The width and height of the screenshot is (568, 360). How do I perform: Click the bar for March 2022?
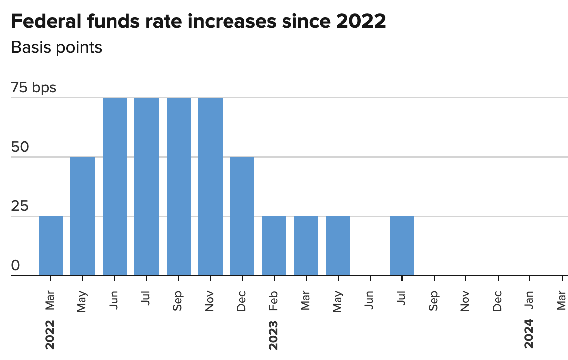[x=51, y=246]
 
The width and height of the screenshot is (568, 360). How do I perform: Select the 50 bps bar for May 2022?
[x=82, y=216]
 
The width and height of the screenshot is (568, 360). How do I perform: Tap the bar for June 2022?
[x=114, y=186]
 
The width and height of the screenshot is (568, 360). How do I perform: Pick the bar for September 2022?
[x=178, y=186]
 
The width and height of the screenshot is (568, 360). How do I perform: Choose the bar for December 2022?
[x=242, y=216]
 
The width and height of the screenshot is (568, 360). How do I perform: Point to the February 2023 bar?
[x=274, y=246]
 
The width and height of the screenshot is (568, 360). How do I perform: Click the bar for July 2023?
[x=402, y=246]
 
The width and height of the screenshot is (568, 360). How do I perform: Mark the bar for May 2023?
[x=338, y=246]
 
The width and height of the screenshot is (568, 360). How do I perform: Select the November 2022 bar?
[x=210, y=186]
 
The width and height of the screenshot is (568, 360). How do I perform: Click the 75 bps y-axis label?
[x=33, y=88]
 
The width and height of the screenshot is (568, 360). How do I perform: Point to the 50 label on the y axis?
[x=20, y=148]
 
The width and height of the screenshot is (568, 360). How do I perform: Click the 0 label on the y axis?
[x=15, y=266]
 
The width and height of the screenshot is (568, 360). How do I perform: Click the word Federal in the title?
[x=46, y=22]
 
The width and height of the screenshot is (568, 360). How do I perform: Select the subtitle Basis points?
[x=57, y=48]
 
